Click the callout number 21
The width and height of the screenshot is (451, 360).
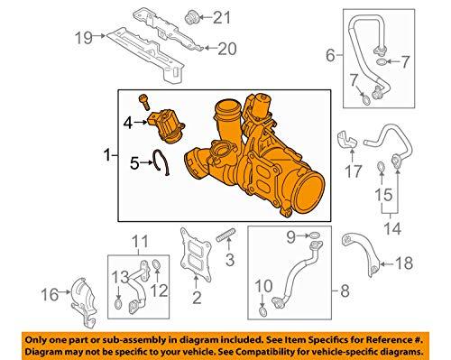tap(197, 16)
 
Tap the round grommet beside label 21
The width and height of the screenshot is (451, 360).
tap(167, 15)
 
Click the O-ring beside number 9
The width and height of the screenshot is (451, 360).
tap(313, 239)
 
